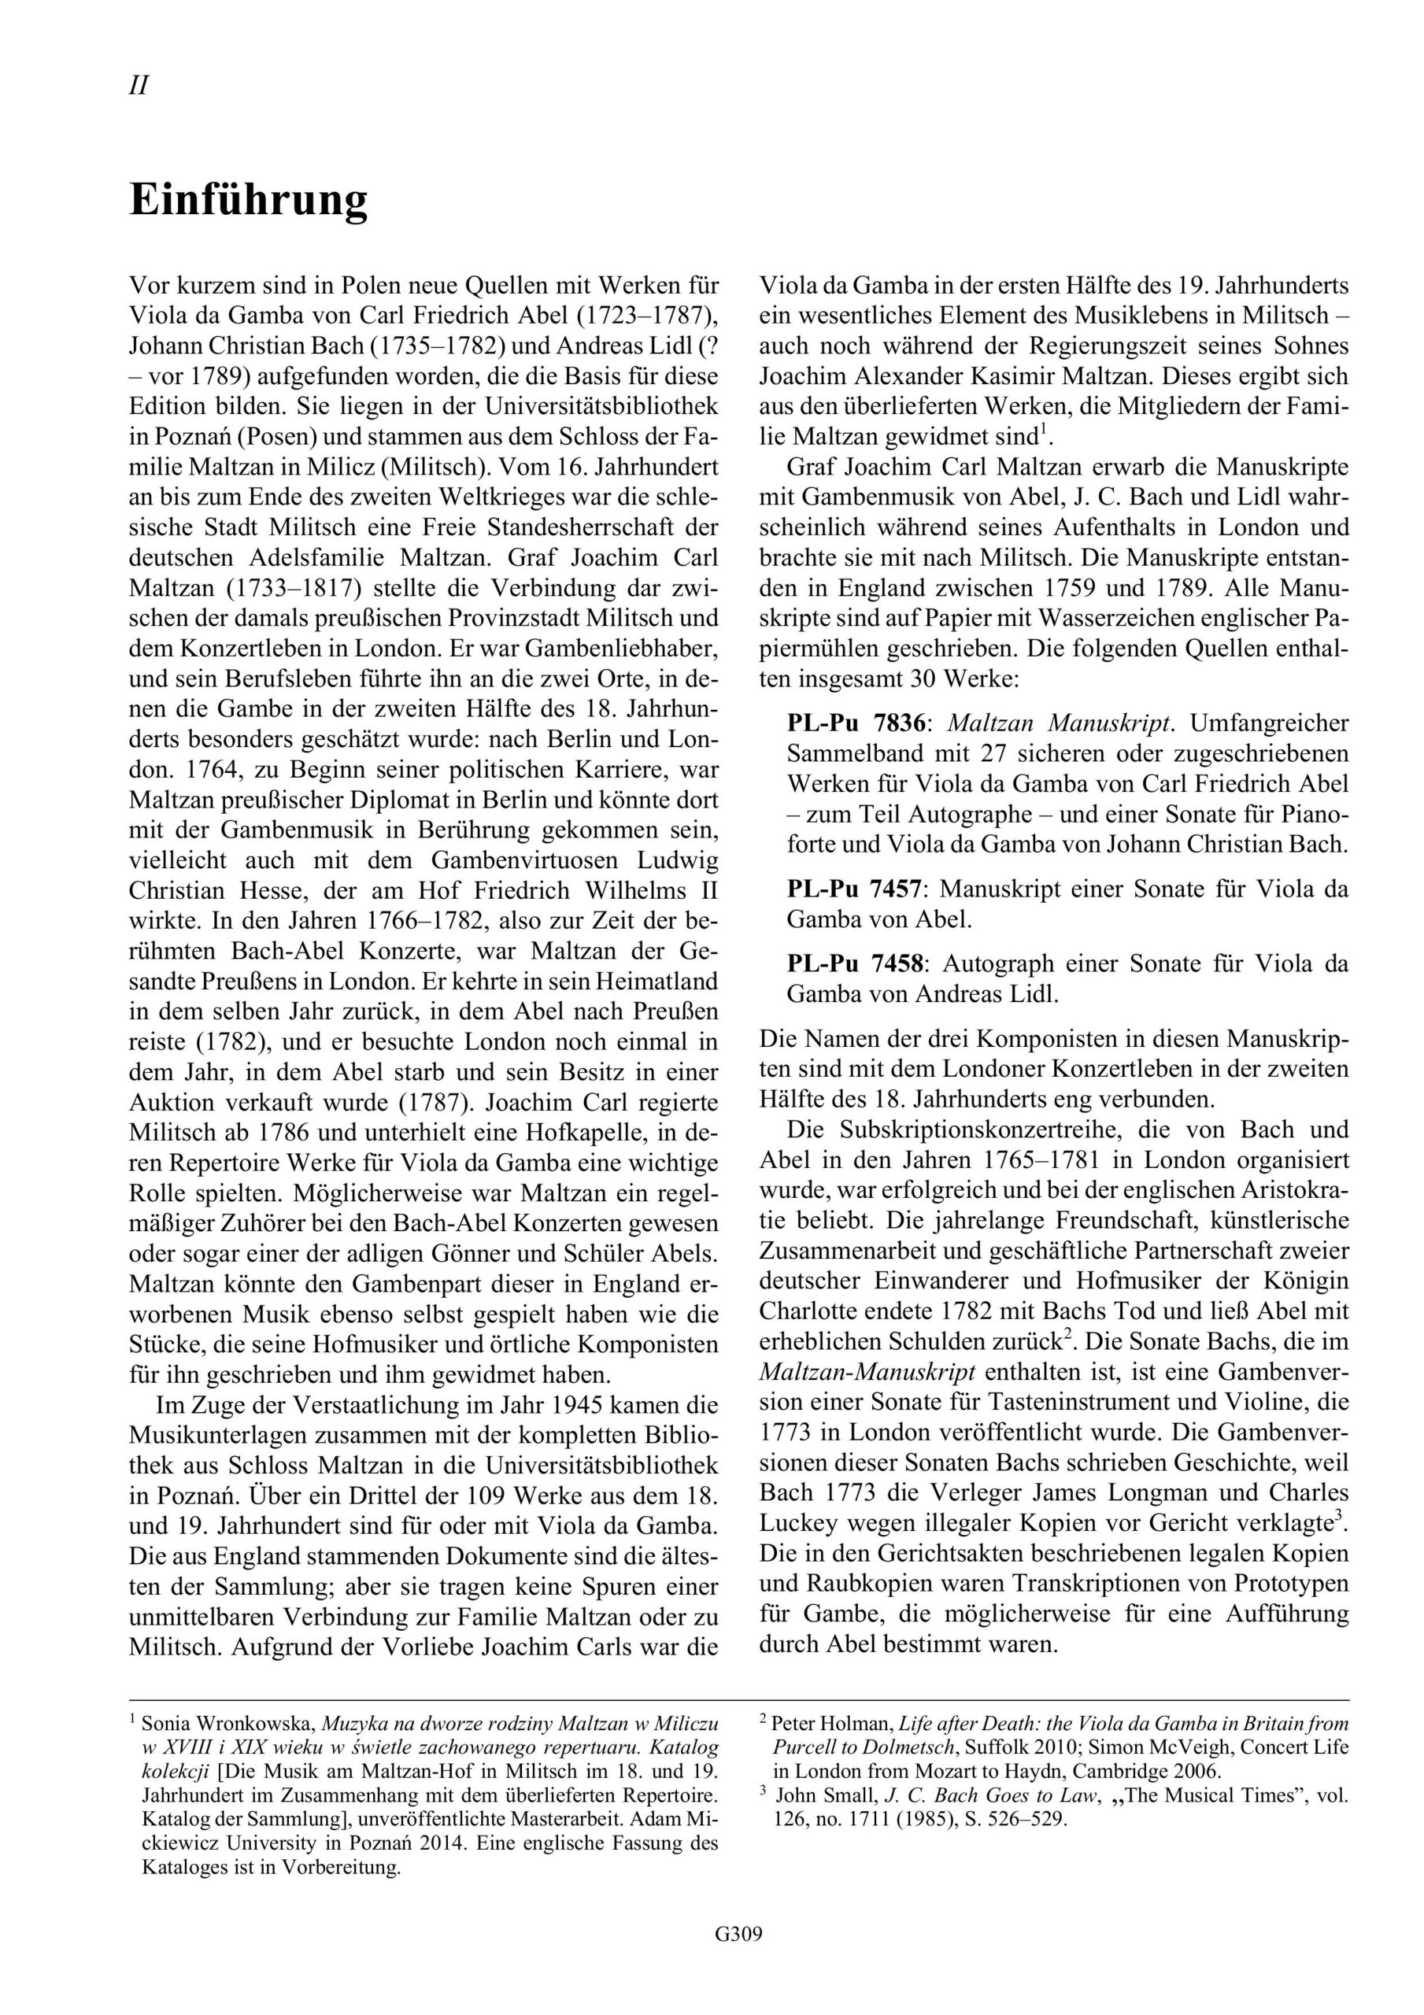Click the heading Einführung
(x=249, y=201)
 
